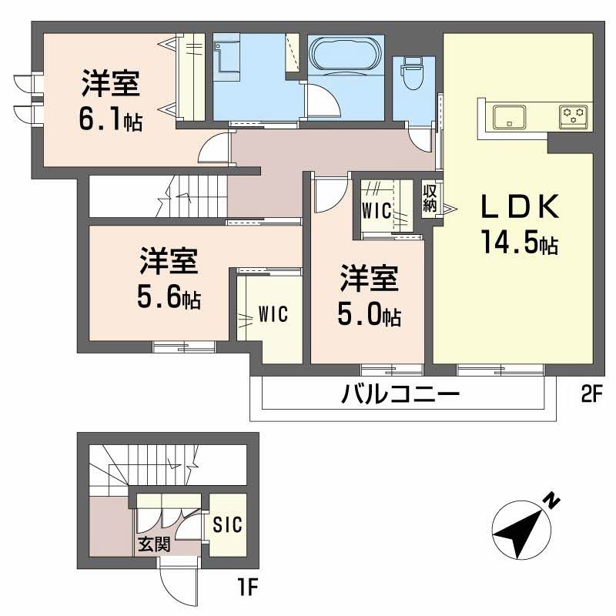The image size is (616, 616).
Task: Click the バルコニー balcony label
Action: tap(400, 396)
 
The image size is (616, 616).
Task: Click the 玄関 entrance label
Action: tap(154, 544)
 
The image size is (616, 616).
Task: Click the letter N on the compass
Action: tap(552, 500)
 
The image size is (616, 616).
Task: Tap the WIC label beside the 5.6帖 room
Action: tap(273, 314)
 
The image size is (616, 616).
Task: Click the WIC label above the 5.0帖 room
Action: tap(378, 209)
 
